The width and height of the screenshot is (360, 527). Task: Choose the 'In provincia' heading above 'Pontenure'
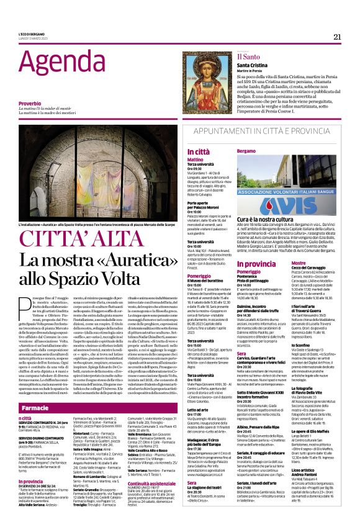pyautogui.click(x=256, y=264)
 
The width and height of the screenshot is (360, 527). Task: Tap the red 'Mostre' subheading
pyautogui.click(x=316, y=264)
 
